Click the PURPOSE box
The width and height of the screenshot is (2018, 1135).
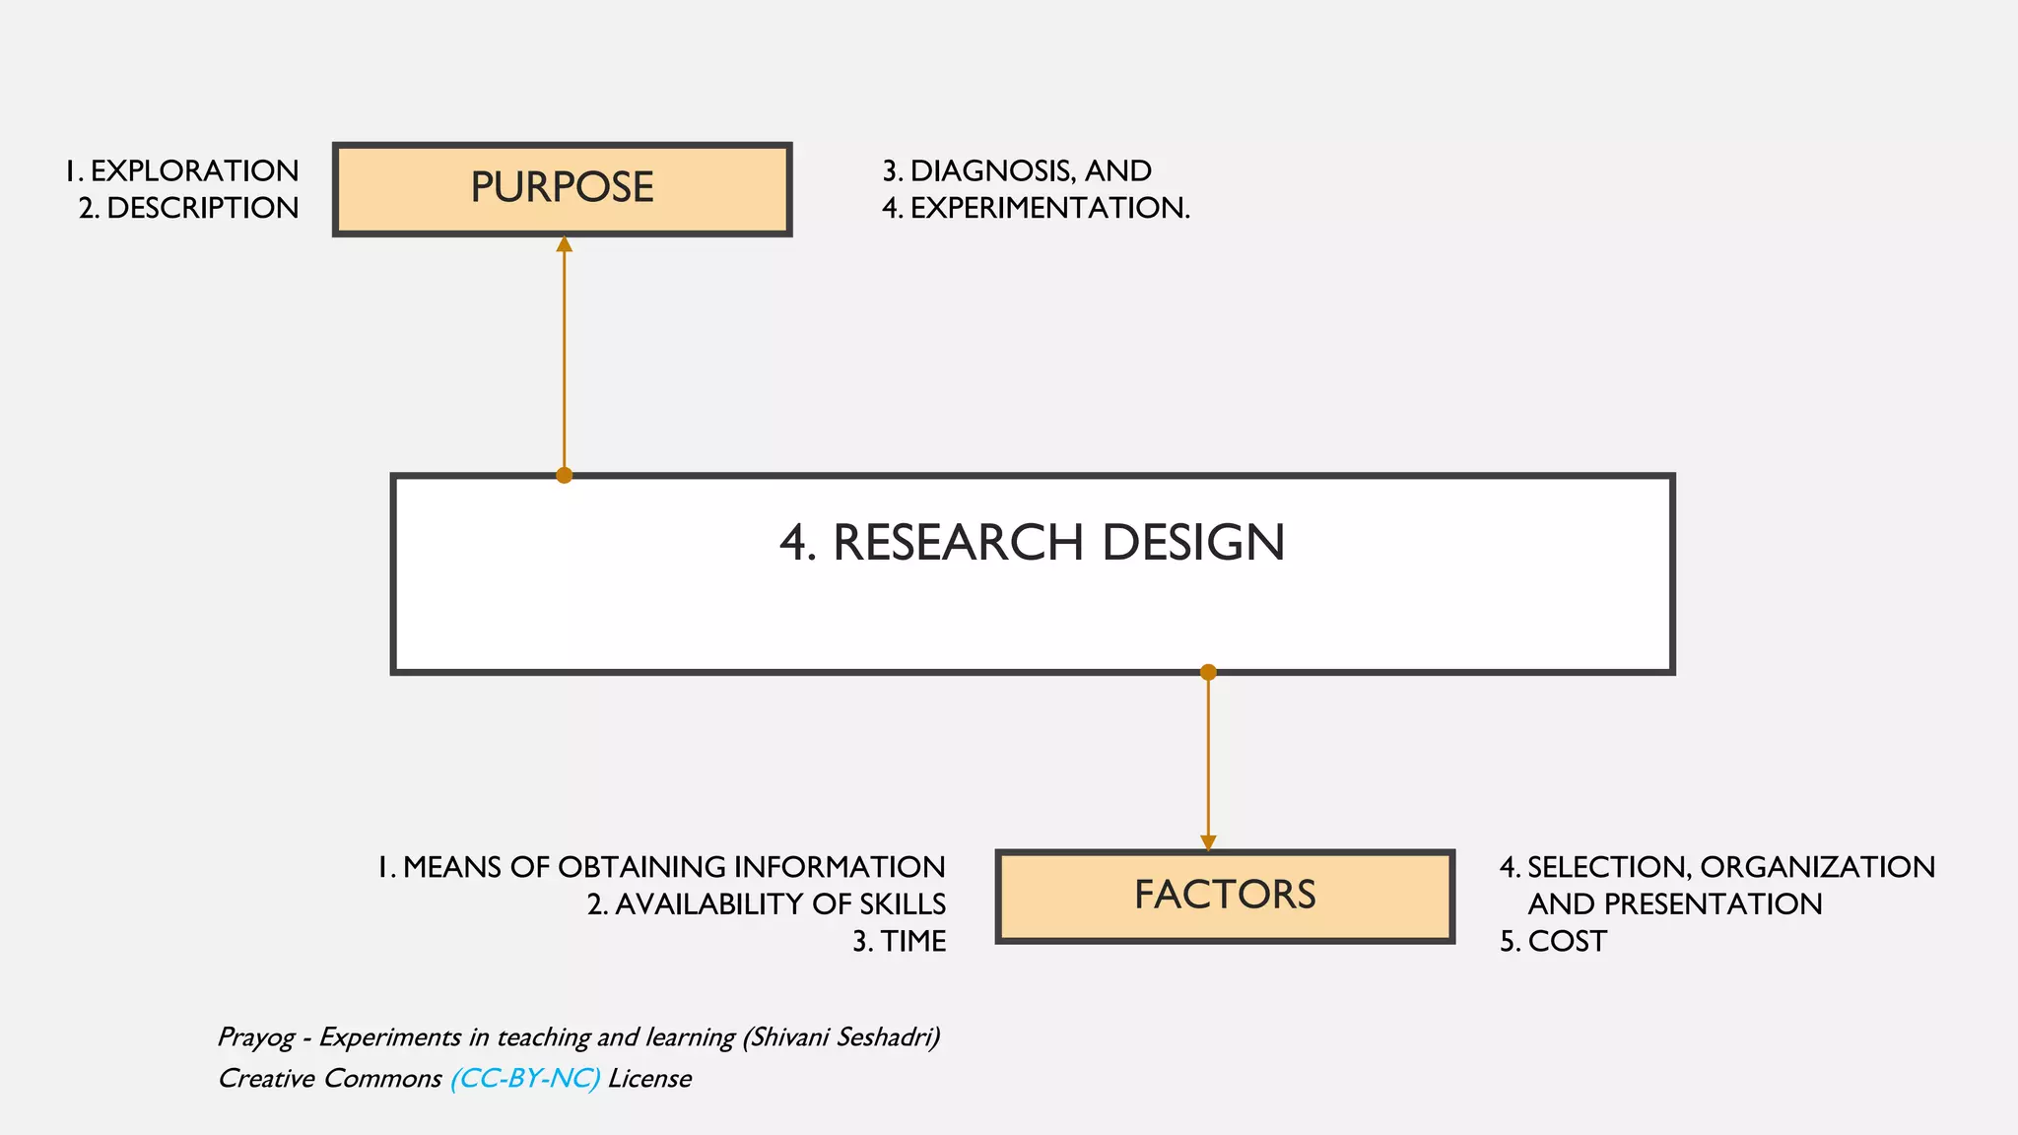pos(562,189)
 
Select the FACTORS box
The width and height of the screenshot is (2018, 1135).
pos(1225,896)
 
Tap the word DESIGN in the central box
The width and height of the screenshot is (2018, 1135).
pos(1192,543)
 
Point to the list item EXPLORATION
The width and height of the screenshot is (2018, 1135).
pos(194,171)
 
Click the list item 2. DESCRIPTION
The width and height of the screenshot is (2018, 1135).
pos(189,209)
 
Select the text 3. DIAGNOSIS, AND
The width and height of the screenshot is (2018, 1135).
pos(1017,171)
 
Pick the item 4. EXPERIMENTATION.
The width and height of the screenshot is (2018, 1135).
pos(1036,209)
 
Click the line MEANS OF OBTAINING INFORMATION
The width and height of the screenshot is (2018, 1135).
pos(673,867)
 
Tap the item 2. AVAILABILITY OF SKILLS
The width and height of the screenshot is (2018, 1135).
pos(767,904)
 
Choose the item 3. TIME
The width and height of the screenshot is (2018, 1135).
pos(899,942)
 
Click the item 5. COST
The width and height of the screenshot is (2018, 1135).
pos(1553,942)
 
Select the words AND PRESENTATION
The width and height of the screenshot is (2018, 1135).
pos(1674,904)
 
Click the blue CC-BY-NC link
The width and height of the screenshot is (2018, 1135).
pos(525,1079)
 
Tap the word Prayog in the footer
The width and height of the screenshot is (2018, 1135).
pos(255,1037)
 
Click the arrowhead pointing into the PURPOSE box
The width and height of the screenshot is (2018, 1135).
pos(564,243)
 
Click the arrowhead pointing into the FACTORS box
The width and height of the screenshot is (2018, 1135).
pos(1208,843)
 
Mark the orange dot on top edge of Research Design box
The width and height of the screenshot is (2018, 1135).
pos(564,476)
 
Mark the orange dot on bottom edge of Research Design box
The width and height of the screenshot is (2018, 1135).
pos(1208,673)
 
